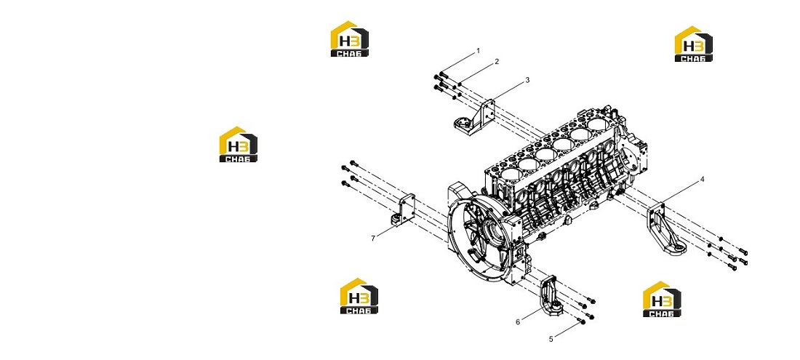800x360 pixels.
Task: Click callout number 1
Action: coord(478,51)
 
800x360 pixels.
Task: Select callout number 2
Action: coord(497,62)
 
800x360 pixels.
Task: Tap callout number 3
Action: coord(527,80)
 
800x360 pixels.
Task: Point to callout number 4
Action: coord(702,180)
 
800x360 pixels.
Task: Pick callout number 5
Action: coord(551,339)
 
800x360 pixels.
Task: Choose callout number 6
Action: coord(517,321)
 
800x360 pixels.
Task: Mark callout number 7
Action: coord(373,238)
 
